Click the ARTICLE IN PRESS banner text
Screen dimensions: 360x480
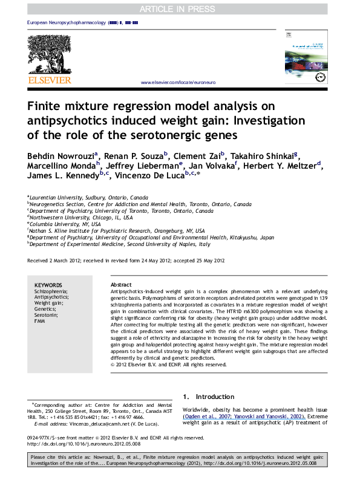click(180, 9)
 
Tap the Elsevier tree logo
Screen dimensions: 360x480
click(49, 54)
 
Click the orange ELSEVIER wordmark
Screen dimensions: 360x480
click(49, 80)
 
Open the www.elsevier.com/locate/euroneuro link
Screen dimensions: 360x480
click(178, 82)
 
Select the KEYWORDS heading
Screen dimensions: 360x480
click(48, 285)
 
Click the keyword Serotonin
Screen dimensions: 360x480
click(46, 315)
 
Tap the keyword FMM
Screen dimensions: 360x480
click(39, 321)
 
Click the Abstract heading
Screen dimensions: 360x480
click(122, 285)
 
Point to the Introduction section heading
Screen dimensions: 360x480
click(208, 397)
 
